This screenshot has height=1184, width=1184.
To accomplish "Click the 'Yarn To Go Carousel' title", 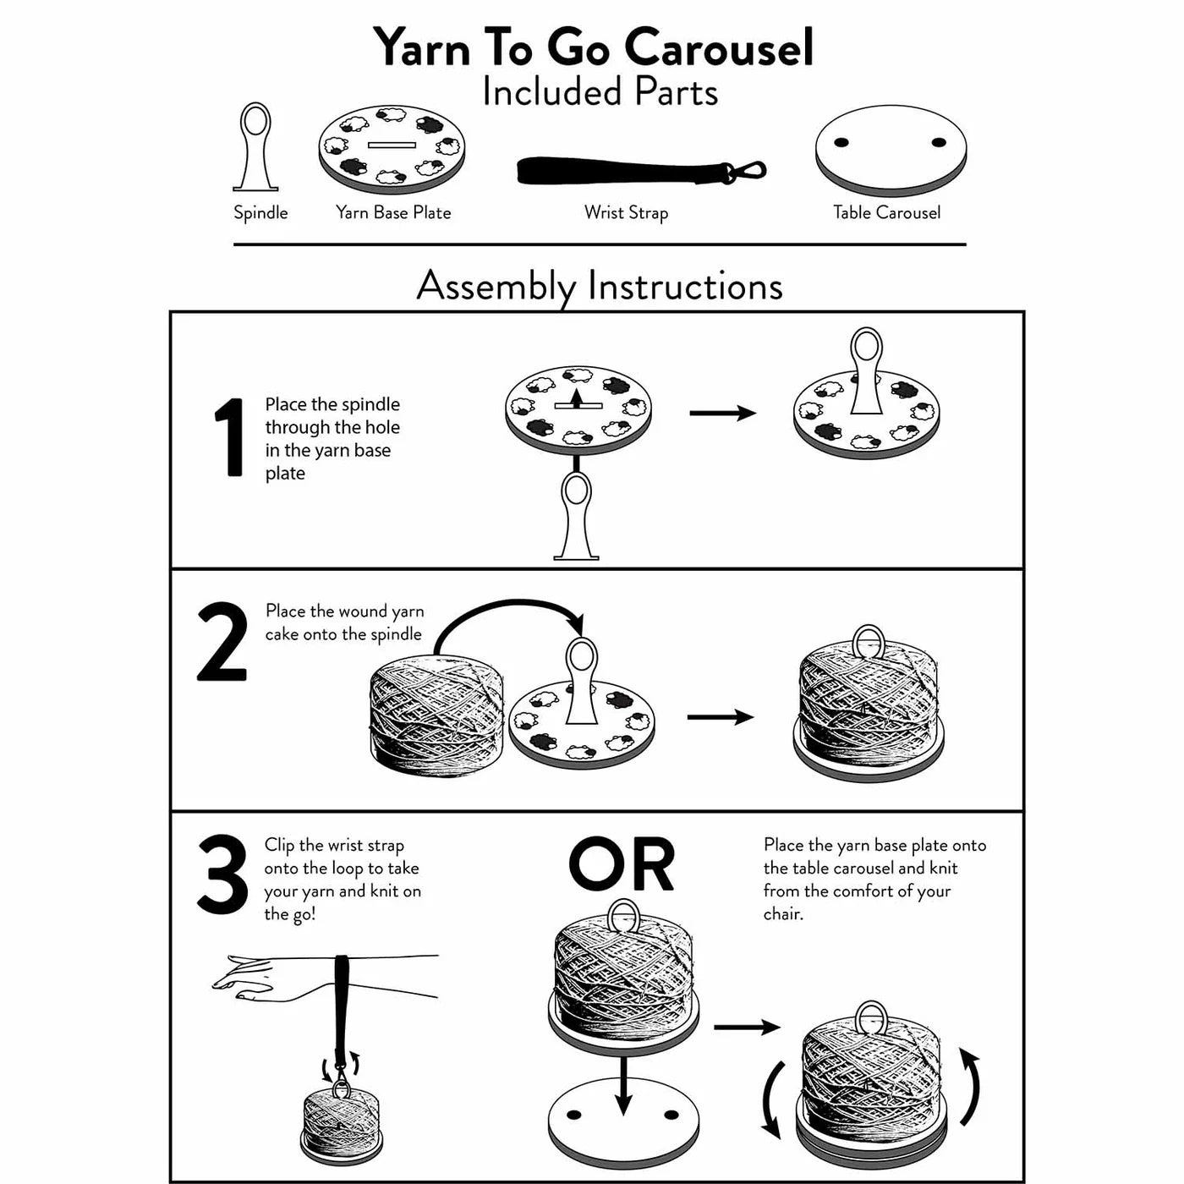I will pos(593,47).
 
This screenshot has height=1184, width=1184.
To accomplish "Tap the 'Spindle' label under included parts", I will pos(260,212).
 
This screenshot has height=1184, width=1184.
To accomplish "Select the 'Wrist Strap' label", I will pos(626,212).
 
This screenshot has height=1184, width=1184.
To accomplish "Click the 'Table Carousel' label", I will pos(886,212).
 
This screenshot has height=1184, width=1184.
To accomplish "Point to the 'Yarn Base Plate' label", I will pos(393,212).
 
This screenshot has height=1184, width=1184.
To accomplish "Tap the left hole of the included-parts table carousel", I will pos(841,142).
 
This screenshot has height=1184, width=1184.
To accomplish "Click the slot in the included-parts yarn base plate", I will pos(392,145).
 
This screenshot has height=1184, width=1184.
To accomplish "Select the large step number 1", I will pos(228,438).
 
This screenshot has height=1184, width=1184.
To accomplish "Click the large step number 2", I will pos(222,643).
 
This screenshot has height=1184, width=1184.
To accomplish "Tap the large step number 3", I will pos(222,875).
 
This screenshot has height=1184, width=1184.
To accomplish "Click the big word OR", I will pos(622,865).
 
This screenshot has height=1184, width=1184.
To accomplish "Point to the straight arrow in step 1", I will pos(722,413).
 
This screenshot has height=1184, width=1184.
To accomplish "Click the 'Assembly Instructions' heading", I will pos(599,286).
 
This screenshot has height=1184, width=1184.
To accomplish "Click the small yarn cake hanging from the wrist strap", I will pos(341,1123).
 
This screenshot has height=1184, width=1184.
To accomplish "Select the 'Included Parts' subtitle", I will pos(600,92).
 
